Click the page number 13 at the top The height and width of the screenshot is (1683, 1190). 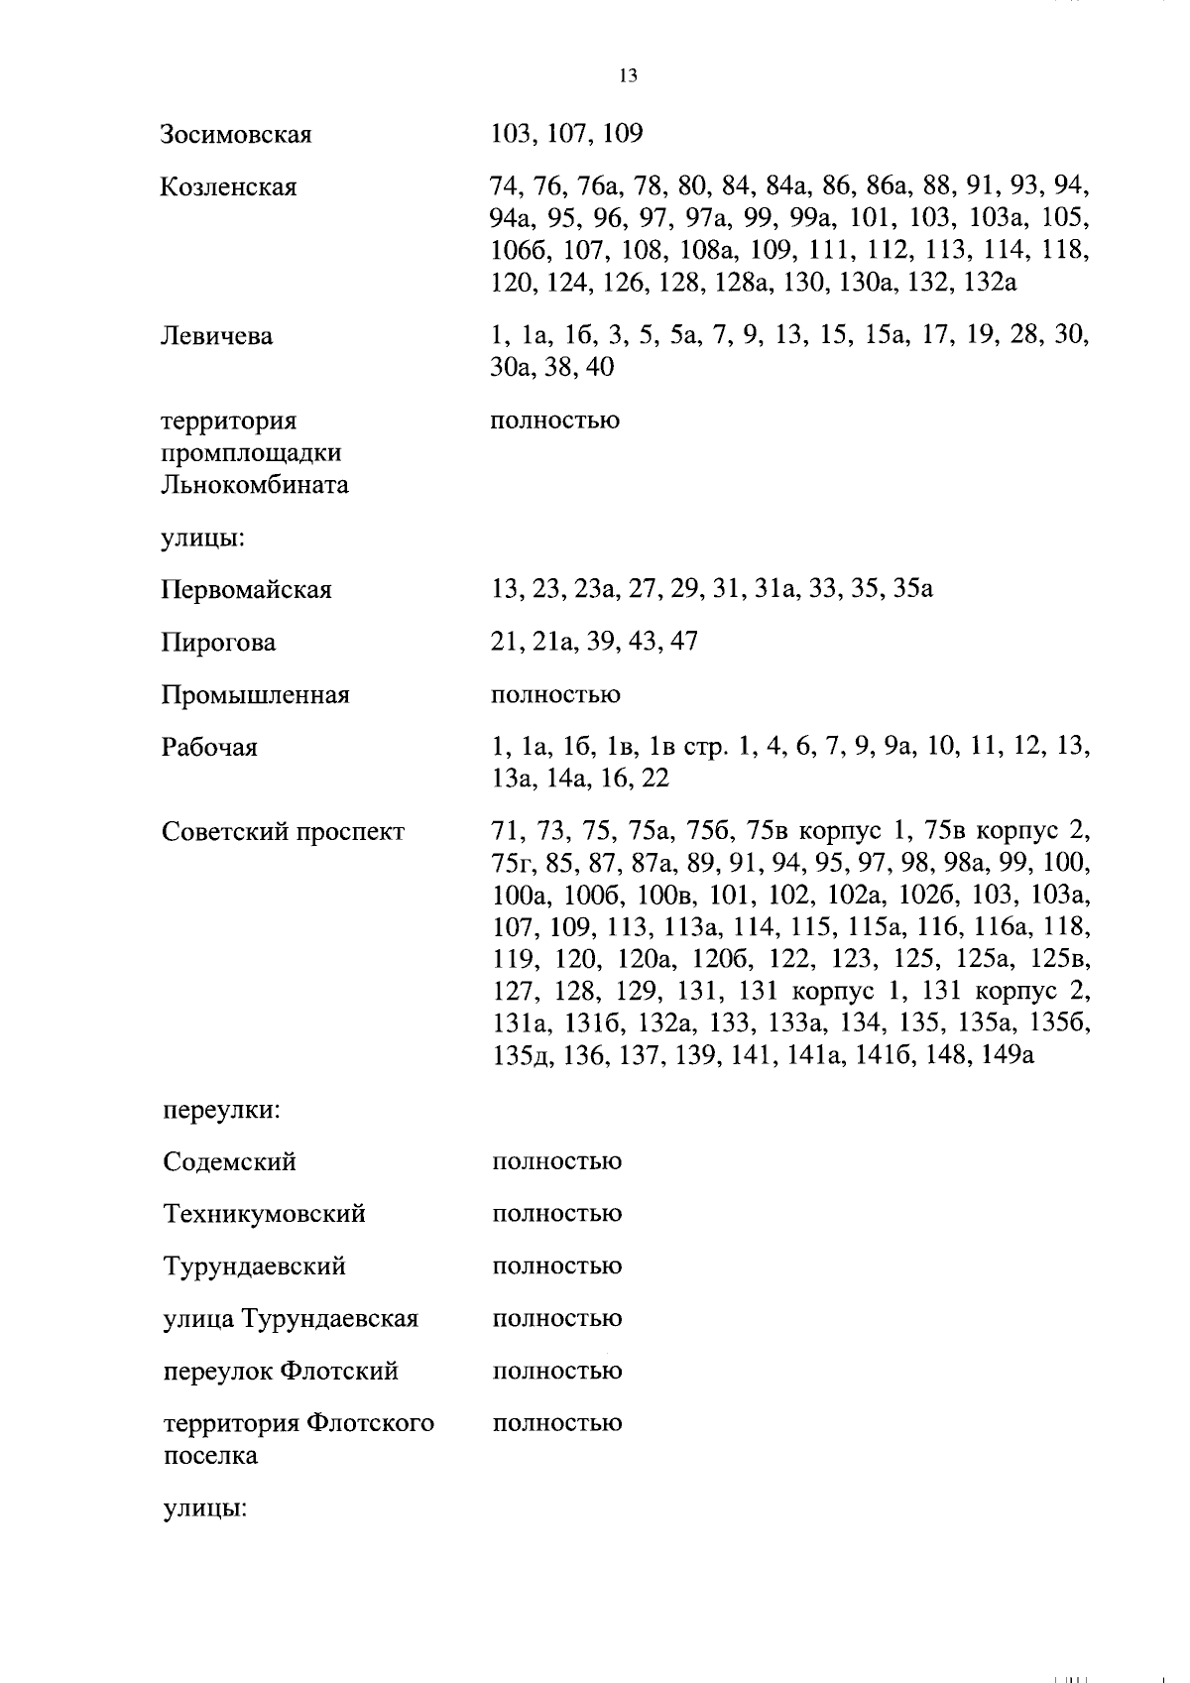[x=627, y=76]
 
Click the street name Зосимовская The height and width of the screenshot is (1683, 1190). [x=236, y=135]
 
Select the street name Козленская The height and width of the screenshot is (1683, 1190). [x=228, y=187]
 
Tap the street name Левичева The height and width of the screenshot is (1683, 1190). [x=217, y=336]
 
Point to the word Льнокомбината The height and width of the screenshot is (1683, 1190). [x=255, y=486]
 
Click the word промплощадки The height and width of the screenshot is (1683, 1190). [x=252, y=454]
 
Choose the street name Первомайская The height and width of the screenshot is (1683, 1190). [x=246, y=590]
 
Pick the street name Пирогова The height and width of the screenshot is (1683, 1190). [x=218, y=643]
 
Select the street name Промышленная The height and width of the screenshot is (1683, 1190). [x=255, y=695]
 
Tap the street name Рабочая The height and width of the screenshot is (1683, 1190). [x=209, y=748]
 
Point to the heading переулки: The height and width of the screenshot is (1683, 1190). [x=221, y=1109]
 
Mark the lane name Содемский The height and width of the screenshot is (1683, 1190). [x=229, y=1161]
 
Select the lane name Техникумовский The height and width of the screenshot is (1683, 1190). [x=264, y=1214]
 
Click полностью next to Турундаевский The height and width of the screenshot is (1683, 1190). [x=556, y=1266]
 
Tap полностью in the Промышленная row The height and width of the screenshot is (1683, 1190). [x=555, y=695]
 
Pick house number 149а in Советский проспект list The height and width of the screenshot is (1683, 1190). [x=1008, y=1055]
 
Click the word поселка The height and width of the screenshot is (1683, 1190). [x=209, y=1456]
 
